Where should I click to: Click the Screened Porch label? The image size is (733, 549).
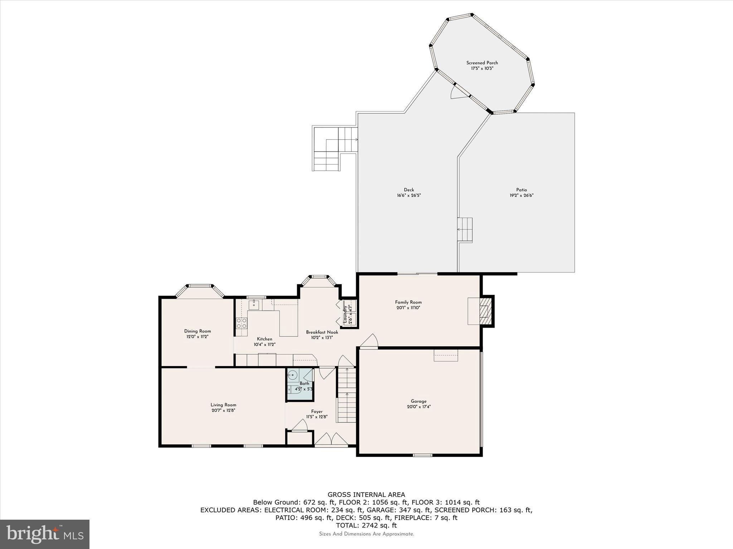pos(482,63)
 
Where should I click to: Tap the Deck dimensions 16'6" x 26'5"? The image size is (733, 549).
pos(409,196)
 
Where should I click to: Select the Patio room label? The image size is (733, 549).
pos(521,190)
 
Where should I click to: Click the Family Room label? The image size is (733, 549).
pos(408,302)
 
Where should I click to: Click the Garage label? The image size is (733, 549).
pos(418,401)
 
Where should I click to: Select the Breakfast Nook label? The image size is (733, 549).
pos(322,332)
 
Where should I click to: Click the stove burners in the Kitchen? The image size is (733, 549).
pos(242,323)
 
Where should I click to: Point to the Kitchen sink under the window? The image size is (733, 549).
pos(254,305)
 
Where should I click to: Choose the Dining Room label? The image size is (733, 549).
pos(198,331)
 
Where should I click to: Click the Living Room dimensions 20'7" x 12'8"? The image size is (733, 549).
pos(223,410)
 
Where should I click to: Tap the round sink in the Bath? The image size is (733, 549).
pos(293,375)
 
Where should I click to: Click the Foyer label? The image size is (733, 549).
pos(317,411)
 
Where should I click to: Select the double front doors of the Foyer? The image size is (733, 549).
pos(331,439)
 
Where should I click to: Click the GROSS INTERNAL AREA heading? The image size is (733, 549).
pos(366,495)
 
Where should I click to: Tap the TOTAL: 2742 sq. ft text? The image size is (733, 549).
pos(366,525)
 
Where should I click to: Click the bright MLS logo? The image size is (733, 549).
pos(45,534)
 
